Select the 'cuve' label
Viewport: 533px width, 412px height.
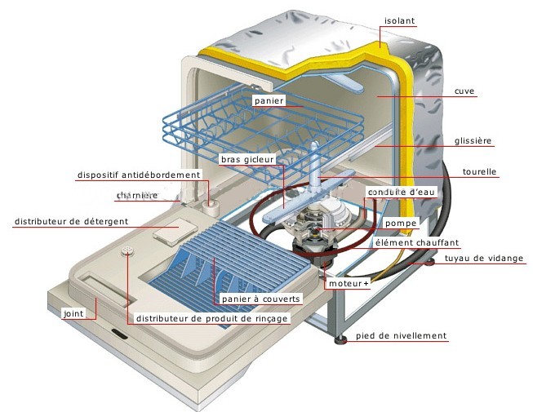click(x=465, y=91)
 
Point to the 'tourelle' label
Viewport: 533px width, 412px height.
click(x=480, y=172)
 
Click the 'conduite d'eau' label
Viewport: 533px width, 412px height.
click(x=394, y=193)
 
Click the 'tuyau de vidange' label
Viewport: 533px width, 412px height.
click(x=484, y=259)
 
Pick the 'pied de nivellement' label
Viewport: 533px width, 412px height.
click(x=406, y=335)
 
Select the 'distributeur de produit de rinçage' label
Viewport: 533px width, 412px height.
click(x=212, y=318)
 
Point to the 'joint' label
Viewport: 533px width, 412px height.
click(x=74, y=312)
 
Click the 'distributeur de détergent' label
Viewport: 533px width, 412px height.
click(x=66, y=221)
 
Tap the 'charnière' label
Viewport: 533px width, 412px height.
click(x=136, y=196)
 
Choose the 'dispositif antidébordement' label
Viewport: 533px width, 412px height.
click(x=139, y=175)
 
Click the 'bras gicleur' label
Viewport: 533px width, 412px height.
click(x=249, y=160)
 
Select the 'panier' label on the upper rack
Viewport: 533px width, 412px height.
click(x=268, y=100)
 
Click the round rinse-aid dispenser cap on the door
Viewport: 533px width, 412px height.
click(x=127, y=250)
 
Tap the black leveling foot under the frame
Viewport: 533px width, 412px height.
click(x=337, y=338)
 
